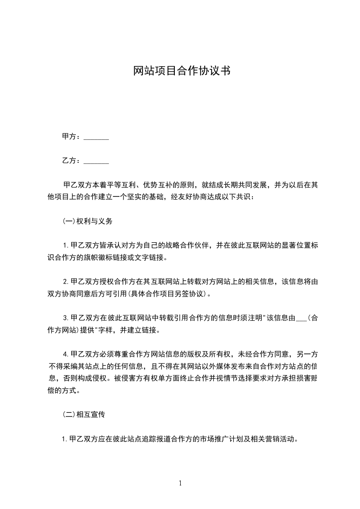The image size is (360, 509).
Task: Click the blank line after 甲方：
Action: pos(96,137)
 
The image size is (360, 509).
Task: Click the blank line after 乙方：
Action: pos(96,161)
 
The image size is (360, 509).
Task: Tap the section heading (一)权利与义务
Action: pos(87,222)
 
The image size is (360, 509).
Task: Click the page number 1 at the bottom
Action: pos(180,483)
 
